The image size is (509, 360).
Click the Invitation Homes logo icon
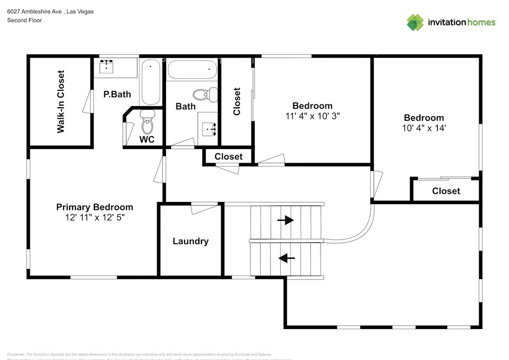click(416, 22)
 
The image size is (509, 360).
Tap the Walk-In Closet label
click(61, 101)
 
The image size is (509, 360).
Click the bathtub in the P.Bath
click(150, 82)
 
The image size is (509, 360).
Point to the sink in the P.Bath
click(106, 66)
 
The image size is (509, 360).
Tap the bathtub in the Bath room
click(193, 70)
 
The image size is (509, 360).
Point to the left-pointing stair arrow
click(286, 258)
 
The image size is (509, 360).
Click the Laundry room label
click(190, 241)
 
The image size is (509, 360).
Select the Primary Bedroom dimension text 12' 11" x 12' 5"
click(94, 217)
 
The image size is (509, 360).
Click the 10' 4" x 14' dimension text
click(424, 128)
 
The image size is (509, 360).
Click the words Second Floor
click(24, 20)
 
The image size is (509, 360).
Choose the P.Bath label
click(117, 94)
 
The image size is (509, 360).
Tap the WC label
click(147, 140)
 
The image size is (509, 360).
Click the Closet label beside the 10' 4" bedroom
click(446, 191)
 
